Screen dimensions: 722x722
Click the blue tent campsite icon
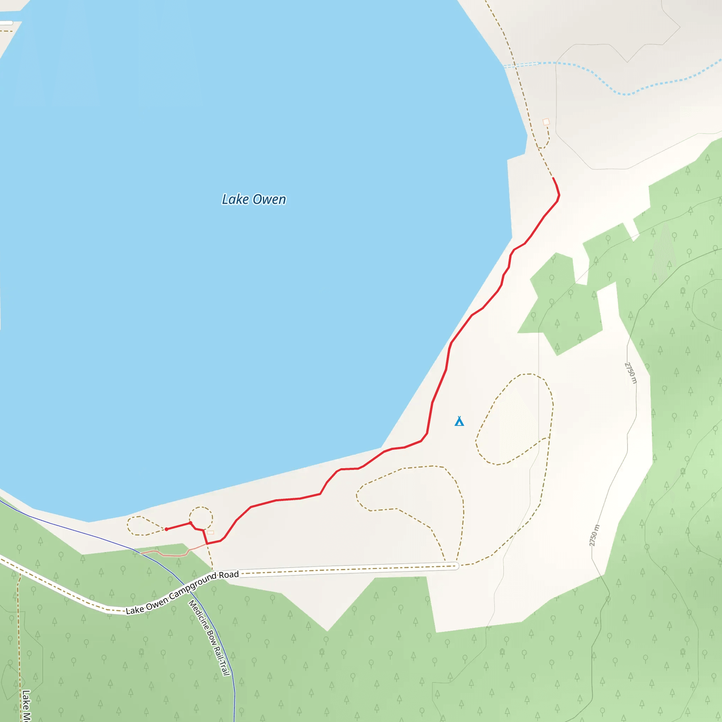click(x=459, y=421)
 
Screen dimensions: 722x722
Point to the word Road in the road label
click(x=229, y=575)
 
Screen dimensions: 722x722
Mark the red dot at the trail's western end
click(x=166, y=529)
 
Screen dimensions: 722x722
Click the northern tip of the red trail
click(x=553, y=178)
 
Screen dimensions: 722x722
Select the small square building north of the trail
click(x=546, y=122)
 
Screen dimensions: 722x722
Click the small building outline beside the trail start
click(x=210, y=532)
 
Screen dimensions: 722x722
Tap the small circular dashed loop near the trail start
click(x=201, y=518)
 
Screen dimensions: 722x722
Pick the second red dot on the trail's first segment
click(x=191, y=523)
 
